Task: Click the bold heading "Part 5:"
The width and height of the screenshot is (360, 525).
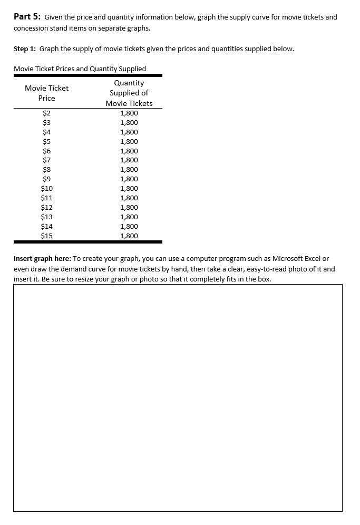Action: (x=27, y=17)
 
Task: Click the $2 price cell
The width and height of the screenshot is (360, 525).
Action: (x=46, y=113)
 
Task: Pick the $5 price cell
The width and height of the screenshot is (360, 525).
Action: (x=46, y=141)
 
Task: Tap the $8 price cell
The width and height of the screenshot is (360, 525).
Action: (x=46, y=170)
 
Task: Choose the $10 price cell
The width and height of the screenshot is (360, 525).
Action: (x=46, y=188)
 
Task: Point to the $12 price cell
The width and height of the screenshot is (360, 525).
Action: (x=46, y=207)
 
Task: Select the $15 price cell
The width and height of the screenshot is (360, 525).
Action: (x=46, y=236)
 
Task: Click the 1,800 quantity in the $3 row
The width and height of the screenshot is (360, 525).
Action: (x=129, y=122)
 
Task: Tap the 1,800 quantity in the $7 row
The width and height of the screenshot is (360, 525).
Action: (x=129, y=160)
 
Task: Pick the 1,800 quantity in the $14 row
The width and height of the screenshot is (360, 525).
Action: (x=129, y=226)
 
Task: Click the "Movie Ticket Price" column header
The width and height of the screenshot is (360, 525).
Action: (x=46, y=93)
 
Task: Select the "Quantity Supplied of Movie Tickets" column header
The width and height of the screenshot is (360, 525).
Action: (x=129, y=93)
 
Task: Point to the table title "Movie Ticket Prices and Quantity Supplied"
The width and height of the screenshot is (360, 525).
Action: (x=80, y=69)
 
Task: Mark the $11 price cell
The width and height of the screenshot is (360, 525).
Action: (x=46, y=198)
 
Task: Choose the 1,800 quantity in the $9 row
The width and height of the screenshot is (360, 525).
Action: (x=129, y=179)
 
